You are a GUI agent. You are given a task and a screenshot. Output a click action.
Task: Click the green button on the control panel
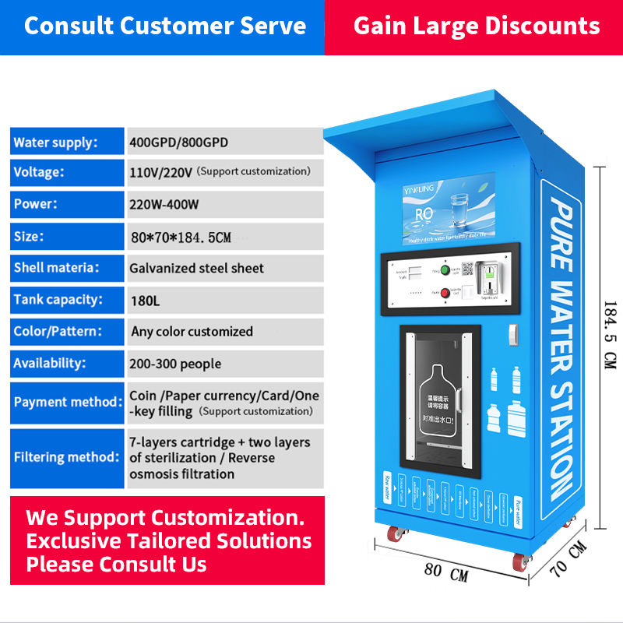[445, 270]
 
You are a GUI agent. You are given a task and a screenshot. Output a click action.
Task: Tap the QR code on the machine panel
[467, 269]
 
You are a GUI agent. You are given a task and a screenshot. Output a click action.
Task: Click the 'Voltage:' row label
[39, 172]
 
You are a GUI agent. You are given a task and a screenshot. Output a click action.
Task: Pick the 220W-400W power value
[164, 205]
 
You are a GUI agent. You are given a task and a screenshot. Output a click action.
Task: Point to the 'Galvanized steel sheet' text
[196, 268]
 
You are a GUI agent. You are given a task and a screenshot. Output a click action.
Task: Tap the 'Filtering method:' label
[65, 457]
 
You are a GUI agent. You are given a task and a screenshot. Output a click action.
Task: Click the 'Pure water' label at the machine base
[516, 505]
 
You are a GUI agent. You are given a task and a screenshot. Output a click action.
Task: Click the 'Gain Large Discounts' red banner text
[477, 26]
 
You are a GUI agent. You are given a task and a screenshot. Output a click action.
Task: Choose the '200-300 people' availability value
[176, 364]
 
